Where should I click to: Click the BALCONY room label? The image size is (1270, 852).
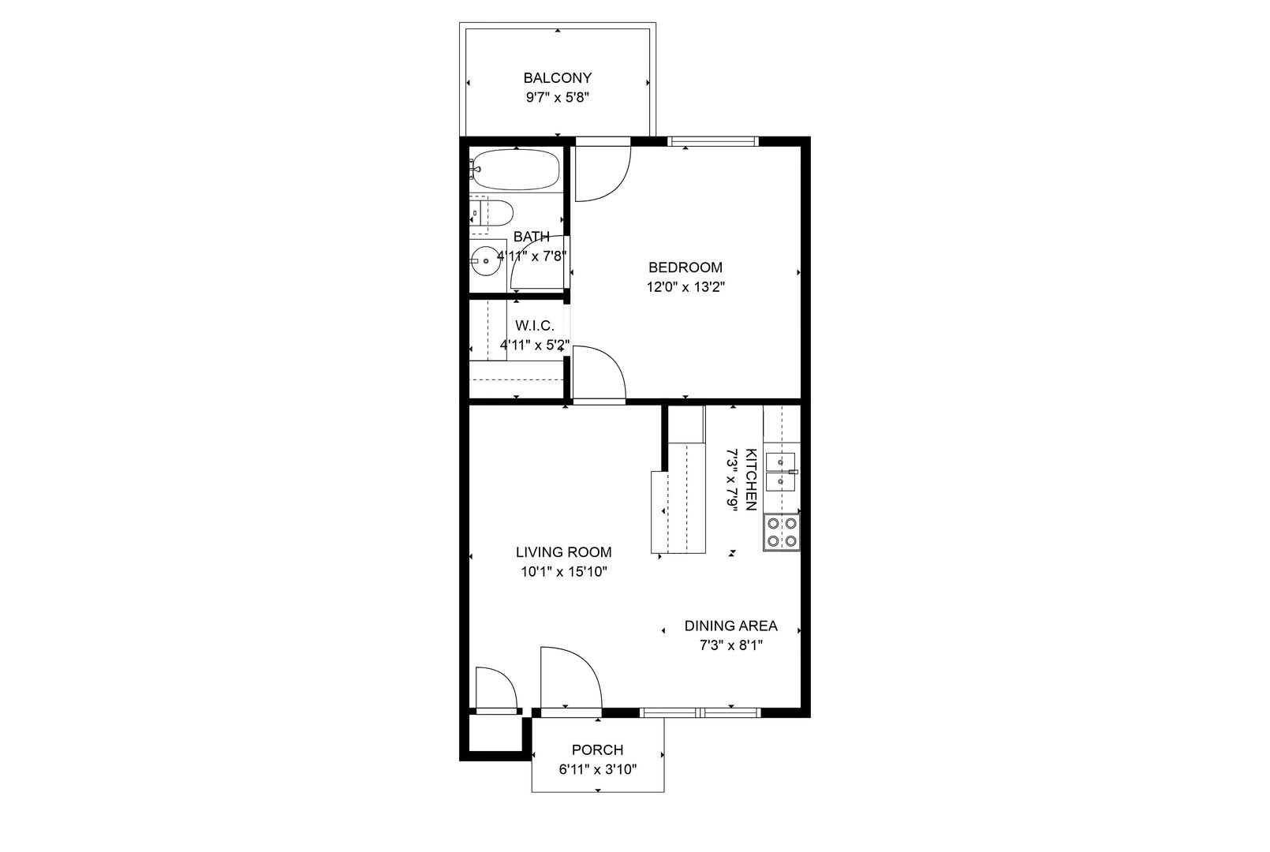coord(558,77)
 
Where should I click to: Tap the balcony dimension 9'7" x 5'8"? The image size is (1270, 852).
coord(558,98)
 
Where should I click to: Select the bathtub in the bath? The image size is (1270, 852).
coord(515,170)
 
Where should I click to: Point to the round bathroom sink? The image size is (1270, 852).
coord(485,261)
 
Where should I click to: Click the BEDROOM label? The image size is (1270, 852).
coord(685,267)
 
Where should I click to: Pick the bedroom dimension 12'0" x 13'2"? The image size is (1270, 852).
coord(686,287)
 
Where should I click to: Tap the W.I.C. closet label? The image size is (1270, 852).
coord(535,325)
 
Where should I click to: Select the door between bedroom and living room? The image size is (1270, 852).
coord(600,374)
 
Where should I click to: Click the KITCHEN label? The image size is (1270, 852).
coord(751,479)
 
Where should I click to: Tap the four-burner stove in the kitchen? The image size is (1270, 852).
coord(781,532)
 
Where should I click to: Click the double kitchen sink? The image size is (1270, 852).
coord(781,472)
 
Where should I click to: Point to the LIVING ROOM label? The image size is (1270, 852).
coord(563,551)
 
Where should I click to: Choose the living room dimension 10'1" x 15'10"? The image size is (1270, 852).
coord(563,572)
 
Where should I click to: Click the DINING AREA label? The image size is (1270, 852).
coord(730,626)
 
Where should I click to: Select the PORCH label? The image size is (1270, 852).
coord(598,750)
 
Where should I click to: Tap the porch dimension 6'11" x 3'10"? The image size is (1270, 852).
coord(598,770)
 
